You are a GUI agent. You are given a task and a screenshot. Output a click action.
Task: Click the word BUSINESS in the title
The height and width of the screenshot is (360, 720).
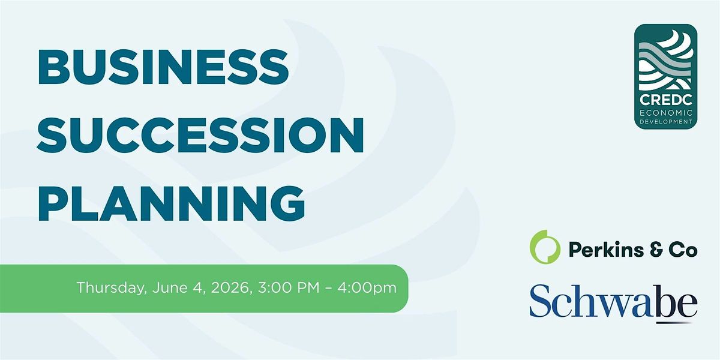163,67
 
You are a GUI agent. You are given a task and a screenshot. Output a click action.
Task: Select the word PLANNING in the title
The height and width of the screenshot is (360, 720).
172,203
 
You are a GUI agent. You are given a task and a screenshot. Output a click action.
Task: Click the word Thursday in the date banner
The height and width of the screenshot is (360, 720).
112,288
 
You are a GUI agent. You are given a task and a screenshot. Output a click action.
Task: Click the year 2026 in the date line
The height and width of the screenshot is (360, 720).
231,287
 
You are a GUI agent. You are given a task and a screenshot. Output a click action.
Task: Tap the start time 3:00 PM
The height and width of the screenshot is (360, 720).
289,287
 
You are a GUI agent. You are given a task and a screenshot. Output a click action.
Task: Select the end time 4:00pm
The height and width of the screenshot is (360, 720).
367,287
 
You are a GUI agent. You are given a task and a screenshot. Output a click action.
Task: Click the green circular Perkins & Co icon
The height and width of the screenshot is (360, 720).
545,247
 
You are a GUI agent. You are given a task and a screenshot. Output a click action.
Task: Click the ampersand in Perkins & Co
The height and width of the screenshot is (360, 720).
656,250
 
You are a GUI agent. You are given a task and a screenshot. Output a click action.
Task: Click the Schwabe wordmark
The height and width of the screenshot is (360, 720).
613,301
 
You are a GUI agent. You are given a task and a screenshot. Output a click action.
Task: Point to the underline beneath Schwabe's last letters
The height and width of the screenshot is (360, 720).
674,322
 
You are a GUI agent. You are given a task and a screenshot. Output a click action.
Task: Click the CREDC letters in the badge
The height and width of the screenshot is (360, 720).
665,100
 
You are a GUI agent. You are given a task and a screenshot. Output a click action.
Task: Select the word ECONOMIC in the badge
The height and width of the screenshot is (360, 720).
666,113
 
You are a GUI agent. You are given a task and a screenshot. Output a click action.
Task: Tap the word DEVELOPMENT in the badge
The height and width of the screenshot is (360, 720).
666,122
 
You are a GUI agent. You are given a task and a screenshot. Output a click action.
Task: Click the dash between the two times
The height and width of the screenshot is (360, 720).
328,289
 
